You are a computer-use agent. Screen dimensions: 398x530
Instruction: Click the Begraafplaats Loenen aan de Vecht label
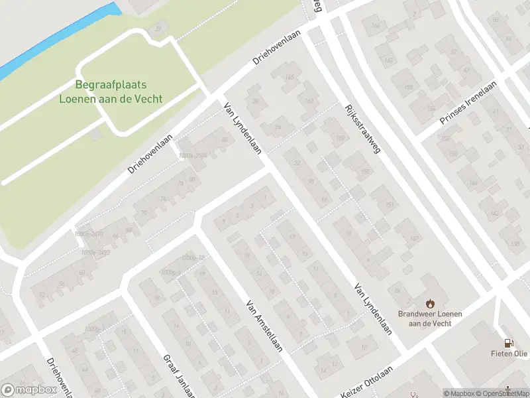click(x=111, y=92)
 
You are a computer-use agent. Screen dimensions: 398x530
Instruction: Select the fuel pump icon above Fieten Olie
click(x=509, y=343)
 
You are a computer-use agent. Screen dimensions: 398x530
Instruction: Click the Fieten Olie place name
click(x=509, y=355)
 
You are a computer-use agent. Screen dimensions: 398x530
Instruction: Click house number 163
click(x=309, y=101)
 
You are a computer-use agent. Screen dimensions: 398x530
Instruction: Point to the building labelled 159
click(x=341, y=138)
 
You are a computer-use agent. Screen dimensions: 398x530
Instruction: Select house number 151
click(x=390, y=204)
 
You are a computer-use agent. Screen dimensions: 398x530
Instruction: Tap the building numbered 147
click(x=415, y=239)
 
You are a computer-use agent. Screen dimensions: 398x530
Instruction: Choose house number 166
click(x=376, y=27)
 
